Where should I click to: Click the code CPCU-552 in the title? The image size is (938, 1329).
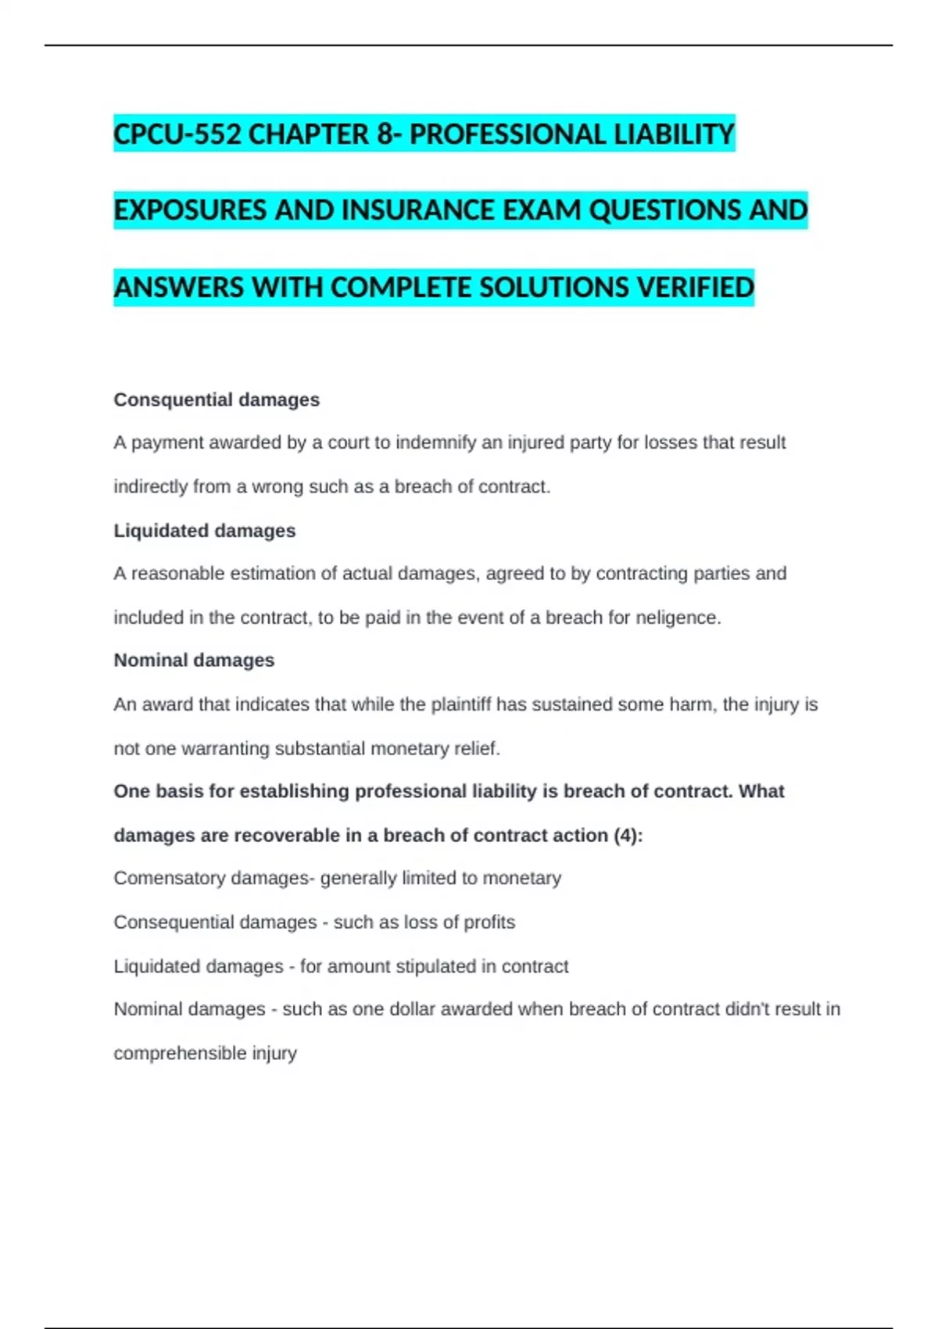point(177,134)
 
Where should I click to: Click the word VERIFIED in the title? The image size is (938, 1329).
point(695,287)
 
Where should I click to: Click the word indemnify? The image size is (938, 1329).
point(435,442)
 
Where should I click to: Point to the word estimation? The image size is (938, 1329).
point(273,573)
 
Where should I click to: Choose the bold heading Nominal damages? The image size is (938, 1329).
point(194,660)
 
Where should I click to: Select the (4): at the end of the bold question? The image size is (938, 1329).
point(628,835)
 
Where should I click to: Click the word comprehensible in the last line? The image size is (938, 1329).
point(180,1053)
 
